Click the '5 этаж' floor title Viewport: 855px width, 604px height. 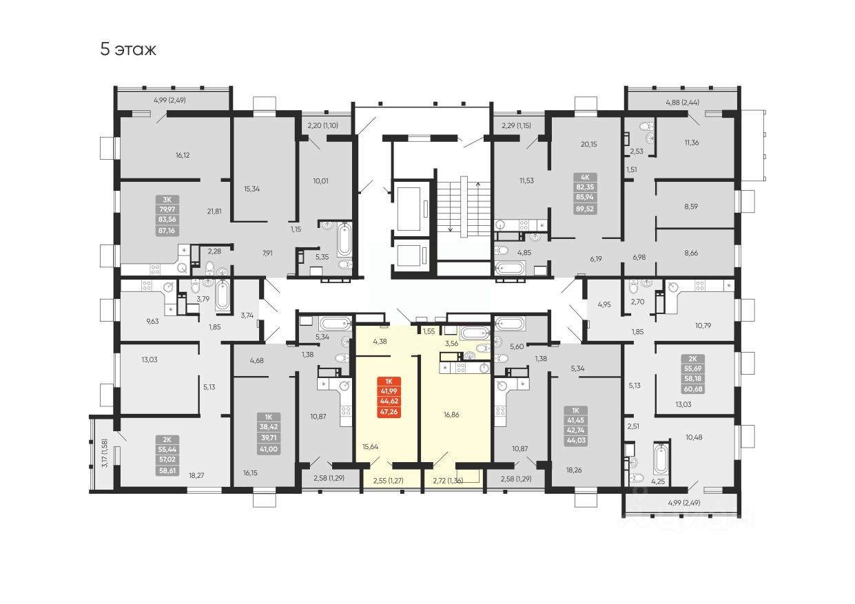tap(128, 50)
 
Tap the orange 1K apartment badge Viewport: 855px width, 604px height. tap(390, 397)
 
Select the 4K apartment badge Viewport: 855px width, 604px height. tap(586, 200)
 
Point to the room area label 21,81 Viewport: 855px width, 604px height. tap(214, 211)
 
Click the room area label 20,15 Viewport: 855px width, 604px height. tap(588, 144)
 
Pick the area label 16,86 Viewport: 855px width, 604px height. tap(452, 415)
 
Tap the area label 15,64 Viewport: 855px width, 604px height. tap(370, 446)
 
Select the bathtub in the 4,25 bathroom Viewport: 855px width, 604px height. tap(660, 459)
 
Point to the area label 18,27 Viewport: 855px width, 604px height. tap(196, 475)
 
